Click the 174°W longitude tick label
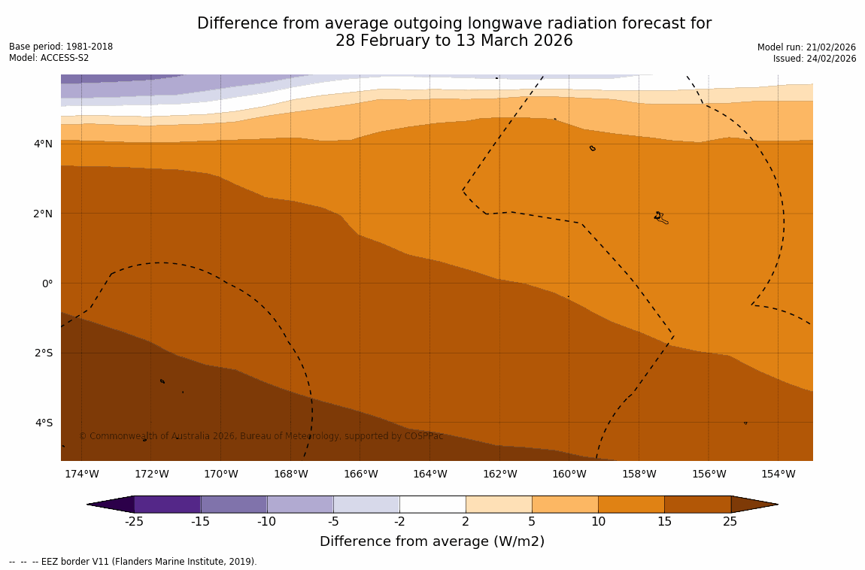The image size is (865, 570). (81, 474)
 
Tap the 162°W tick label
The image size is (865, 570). (499, 474)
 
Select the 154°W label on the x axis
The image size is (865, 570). (778, 474)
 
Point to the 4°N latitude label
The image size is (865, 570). (43, 144)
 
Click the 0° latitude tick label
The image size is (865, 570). (47, 283)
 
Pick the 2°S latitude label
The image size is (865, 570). (43, 353)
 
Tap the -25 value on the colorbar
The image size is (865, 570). (134, 522)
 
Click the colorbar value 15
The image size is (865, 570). (664, 522)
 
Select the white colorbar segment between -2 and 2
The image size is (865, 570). (432, 504)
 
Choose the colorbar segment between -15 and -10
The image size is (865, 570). (234, 504)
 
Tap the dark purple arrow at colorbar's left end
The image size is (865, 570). (111, 504)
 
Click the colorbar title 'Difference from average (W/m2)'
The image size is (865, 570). (432, 541)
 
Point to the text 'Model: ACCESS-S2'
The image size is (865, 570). (49, 58)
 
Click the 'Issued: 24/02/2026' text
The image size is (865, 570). (814, 59)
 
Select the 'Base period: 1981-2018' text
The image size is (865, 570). (61, 47)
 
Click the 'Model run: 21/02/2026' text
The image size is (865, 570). (806, 47)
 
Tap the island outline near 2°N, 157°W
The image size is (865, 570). (660, 217)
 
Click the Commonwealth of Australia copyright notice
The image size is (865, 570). (261, 436)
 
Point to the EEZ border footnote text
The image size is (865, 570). (132, 562)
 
